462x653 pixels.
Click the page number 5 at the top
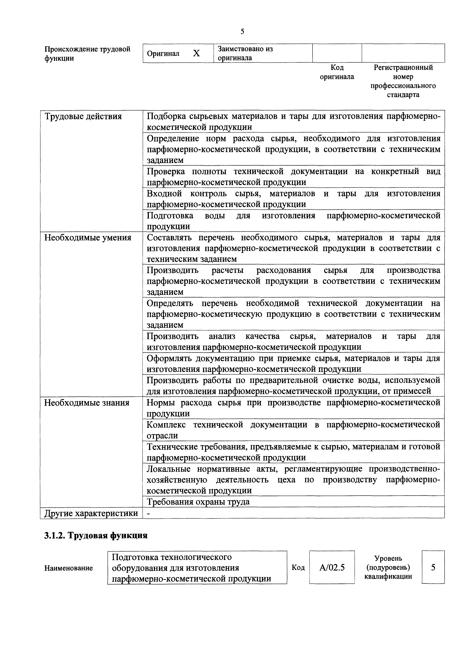coord(242,31)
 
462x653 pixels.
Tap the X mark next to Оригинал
coord(196,53)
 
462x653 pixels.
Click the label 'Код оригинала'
coord(337,72)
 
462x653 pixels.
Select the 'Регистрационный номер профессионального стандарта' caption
coord(403,81)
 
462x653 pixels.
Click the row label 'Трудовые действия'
coord(83,116)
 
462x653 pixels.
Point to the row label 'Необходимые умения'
coord(88,238)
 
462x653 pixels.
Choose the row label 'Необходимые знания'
coord(87,403)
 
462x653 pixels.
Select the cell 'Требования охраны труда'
coord(198,502)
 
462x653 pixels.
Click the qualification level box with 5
coord(433,567)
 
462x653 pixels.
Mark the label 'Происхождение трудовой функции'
coord(87,53)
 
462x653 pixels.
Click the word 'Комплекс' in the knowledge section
coord(166,425)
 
